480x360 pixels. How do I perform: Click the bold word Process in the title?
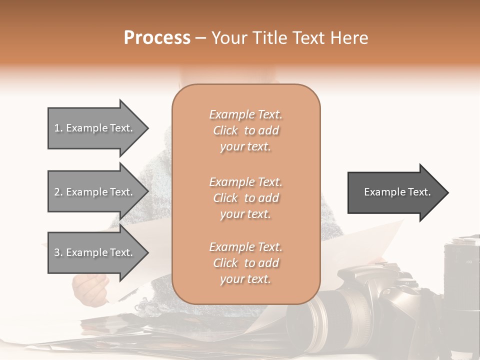(157, 38)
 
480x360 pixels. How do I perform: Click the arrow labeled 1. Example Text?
(95, 128)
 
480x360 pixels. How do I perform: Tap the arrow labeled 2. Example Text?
(95, 192)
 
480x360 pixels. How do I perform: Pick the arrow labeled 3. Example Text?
(95, 252)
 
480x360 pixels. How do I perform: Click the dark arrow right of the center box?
(395, 192)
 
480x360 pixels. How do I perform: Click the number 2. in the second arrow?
(58, 192)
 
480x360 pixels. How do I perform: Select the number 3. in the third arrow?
(58, 252)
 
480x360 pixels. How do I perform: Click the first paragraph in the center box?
(245, 130)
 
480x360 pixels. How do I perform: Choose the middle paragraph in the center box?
(245, 198)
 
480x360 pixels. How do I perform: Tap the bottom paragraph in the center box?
(245, 263)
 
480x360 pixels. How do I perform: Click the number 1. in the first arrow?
(58, 128)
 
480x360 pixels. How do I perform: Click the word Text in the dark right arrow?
(420, 192)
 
